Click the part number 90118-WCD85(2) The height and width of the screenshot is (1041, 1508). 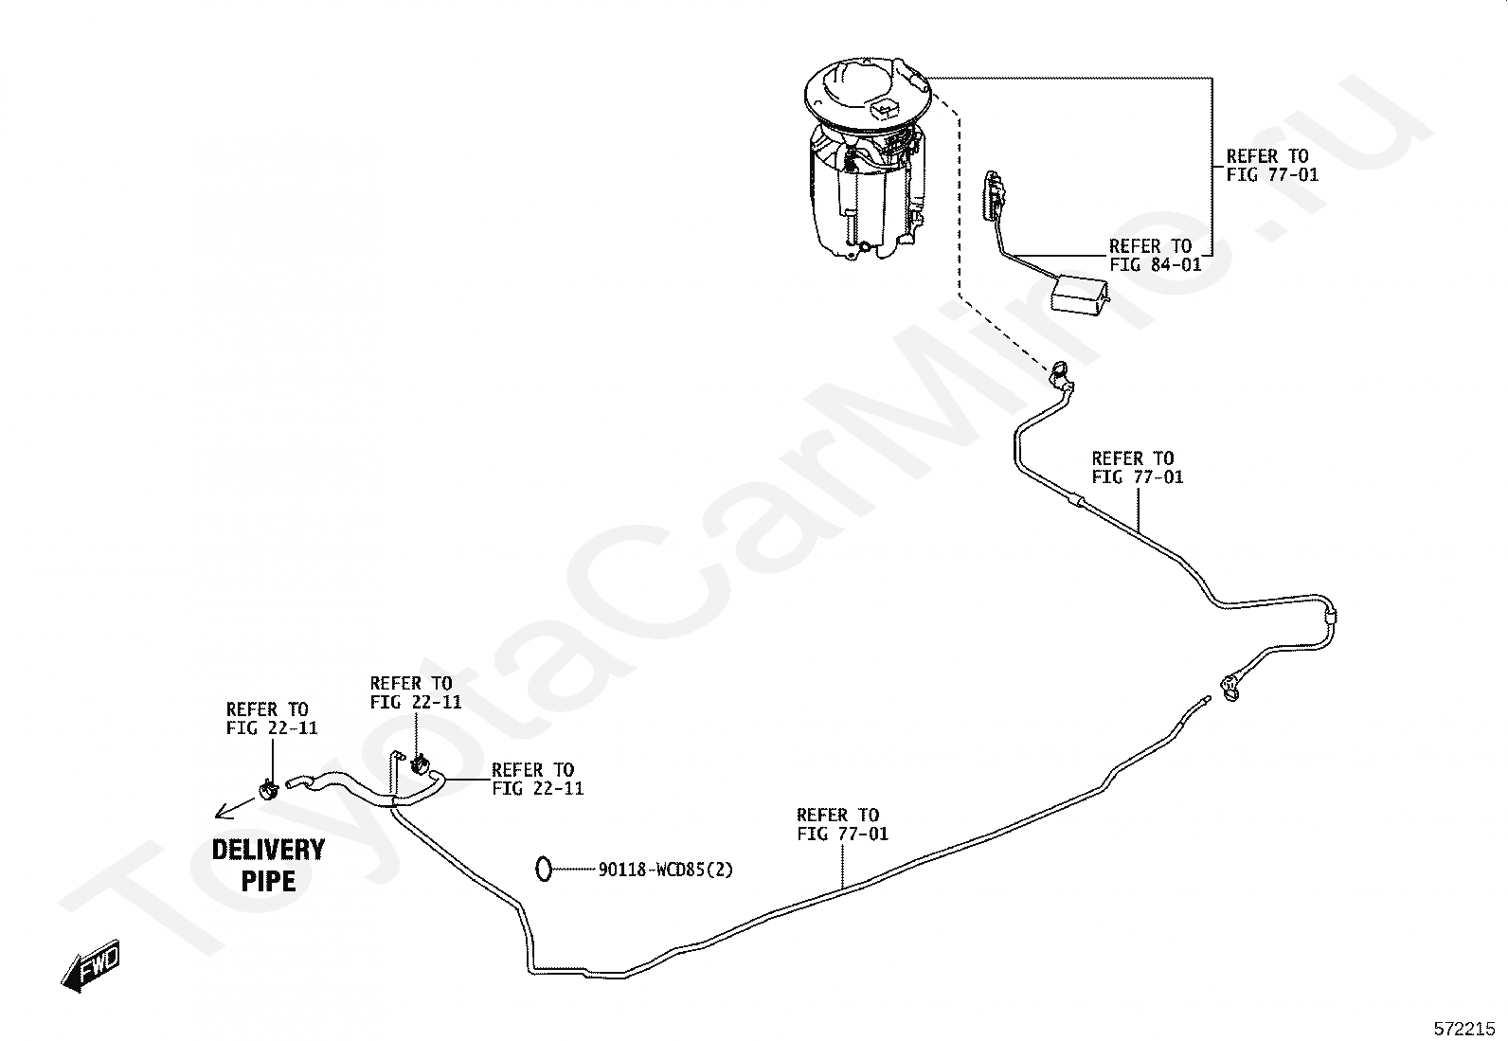click(x=666, y=869)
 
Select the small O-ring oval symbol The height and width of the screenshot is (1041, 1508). click(x=544, y=868)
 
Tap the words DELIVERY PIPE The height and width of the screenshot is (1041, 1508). click(x=268, y=865)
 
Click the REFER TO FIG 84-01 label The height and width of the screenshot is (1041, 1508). click(x=1155, y=256)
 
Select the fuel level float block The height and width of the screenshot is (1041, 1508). click(x=1080, y=293)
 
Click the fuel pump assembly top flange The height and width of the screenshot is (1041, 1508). click(x=867, y=95)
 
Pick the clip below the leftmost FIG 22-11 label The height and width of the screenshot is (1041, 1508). click(x=269, y=787)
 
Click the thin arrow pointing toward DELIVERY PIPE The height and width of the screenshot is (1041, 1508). click(x=233, y=807)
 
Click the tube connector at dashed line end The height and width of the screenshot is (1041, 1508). click(x=1061, y=373)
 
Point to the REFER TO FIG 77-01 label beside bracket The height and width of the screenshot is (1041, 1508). click(x=1272, y=165)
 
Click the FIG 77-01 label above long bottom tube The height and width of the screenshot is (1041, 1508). click(x=842, y=824)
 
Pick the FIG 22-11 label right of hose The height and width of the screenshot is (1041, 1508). click(x=537, y=779)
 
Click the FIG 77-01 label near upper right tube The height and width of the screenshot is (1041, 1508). click(x=1137, y=468)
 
